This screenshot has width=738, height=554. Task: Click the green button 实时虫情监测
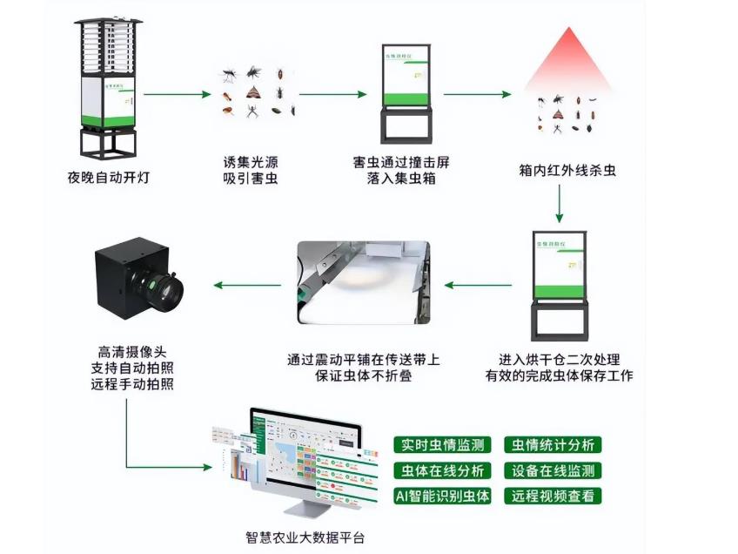(444, 444)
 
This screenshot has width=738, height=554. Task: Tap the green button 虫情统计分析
(553, 444)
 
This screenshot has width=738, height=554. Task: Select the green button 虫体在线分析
(444, 470)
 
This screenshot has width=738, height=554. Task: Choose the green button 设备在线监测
(553, 470)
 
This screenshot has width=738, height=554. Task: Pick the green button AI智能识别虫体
(444, 497)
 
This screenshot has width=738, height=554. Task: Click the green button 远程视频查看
(553, 497)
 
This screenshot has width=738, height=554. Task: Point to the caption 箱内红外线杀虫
(567, 172)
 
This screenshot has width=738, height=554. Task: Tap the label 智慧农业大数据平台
(305, 537)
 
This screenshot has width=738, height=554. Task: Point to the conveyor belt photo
(363, 284)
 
